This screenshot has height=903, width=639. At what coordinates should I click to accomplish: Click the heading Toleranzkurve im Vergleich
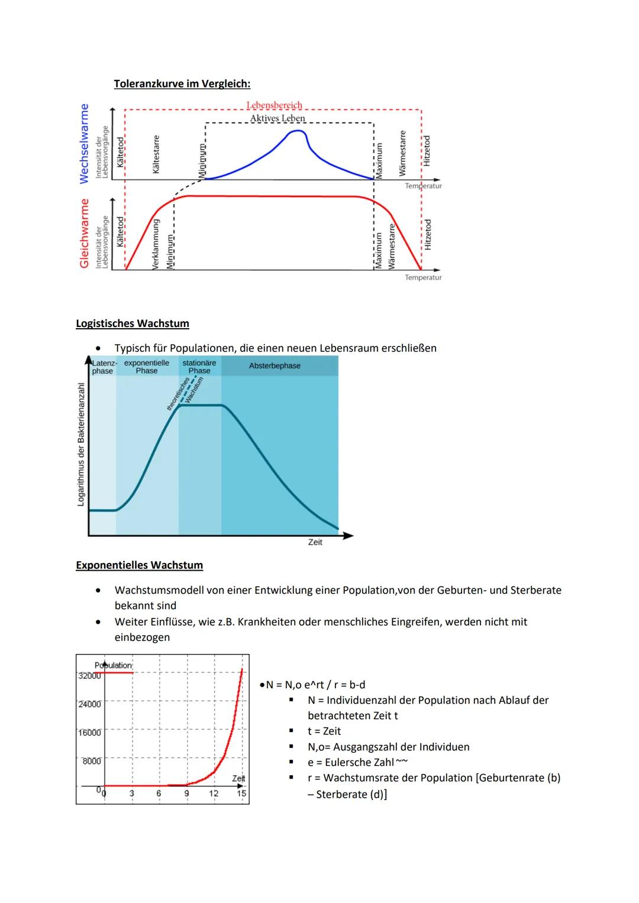[x=182, y=83]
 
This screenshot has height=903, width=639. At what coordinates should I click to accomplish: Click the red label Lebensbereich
[x=274, y=105]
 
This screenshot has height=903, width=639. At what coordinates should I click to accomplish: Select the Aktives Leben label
[x=277, y=118]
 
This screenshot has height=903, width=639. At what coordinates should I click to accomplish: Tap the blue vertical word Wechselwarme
[x=84, y=143]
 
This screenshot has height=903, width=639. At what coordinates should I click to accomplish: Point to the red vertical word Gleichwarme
[x=84, y=233]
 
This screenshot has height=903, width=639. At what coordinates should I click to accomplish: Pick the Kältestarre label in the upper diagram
[x=156, y=154]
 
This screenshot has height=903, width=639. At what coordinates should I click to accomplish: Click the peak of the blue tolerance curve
[x=296, y=131]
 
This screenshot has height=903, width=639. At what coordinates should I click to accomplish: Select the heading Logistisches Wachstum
[x=133, y=323]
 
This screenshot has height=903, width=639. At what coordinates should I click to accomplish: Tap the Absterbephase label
[x=275, y=366]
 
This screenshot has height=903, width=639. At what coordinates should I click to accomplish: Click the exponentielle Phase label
[x=147, y=367]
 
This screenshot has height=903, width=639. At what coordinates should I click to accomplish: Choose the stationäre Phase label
[x=199, y=367]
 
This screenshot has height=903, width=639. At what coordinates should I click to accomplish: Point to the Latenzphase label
[x=103, y=367]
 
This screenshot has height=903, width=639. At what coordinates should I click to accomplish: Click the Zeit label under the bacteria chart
[x=315, y=542]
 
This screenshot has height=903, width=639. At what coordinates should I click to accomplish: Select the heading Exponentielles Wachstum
[x=139, y=565]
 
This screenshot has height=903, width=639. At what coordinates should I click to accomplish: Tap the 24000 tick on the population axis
[x=89, y=704]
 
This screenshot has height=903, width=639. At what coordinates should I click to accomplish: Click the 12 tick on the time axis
[x=214, y=794]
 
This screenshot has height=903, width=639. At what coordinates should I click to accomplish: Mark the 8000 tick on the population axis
[x=91, y=761]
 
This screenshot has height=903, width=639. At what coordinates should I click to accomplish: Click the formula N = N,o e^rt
[x=292, y=685]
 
